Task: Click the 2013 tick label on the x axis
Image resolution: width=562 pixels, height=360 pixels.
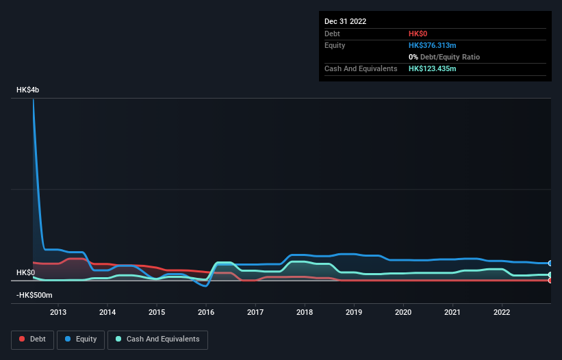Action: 58,313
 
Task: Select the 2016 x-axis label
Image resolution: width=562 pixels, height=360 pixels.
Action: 206,313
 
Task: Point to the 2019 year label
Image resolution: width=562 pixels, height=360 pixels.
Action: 354,313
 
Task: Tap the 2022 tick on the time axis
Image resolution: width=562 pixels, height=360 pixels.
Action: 502,313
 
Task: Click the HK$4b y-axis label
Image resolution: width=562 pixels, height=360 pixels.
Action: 28,90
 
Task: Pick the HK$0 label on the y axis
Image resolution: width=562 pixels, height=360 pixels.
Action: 25,272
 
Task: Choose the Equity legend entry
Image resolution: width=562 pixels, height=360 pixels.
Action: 80,339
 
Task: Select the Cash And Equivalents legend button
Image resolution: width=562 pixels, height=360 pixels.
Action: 157,339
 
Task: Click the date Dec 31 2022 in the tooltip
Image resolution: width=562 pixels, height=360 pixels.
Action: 346,21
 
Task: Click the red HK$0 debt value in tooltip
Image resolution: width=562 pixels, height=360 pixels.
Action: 419,34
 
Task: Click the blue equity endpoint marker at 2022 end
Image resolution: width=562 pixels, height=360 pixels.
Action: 550,263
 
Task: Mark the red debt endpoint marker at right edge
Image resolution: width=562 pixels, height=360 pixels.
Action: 550,280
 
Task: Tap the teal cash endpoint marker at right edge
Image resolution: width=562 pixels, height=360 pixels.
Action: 550,274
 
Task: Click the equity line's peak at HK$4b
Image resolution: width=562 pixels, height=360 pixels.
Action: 33,99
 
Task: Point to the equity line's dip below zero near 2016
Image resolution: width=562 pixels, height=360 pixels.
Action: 205,285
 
